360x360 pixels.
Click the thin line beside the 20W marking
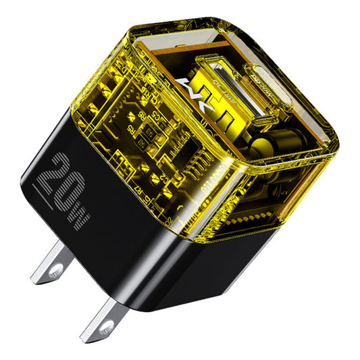[43, 178]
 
